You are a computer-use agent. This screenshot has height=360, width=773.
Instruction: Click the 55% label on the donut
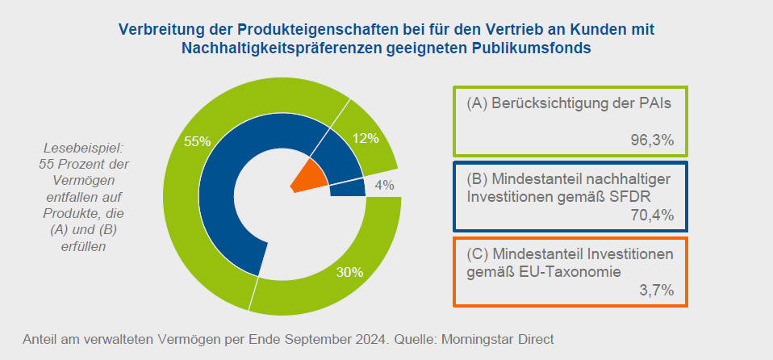pyautogui.click(x=197, y=141)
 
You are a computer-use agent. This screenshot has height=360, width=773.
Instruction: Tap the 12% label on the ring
pyautogui.click(x=366, y=138)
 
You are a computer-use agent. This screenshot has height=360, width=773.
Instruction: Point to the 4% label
pyautogui.click(x=384, y=185)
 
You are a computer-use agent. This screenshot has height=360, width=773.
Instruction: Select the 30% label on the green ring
pyautogui.click(x=349, y=272)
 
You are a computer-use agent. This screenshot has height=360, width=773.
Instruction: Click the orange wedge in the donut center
pyautogui.click(x=310, y=176)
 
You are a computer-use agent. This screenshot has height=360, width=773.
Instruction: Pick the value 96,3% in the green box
pyautogui.click(x=651, y=140)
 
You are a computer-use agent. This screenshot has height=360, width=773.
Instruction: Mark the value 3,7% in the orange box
pyautogui.click(x=655, y=290)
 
